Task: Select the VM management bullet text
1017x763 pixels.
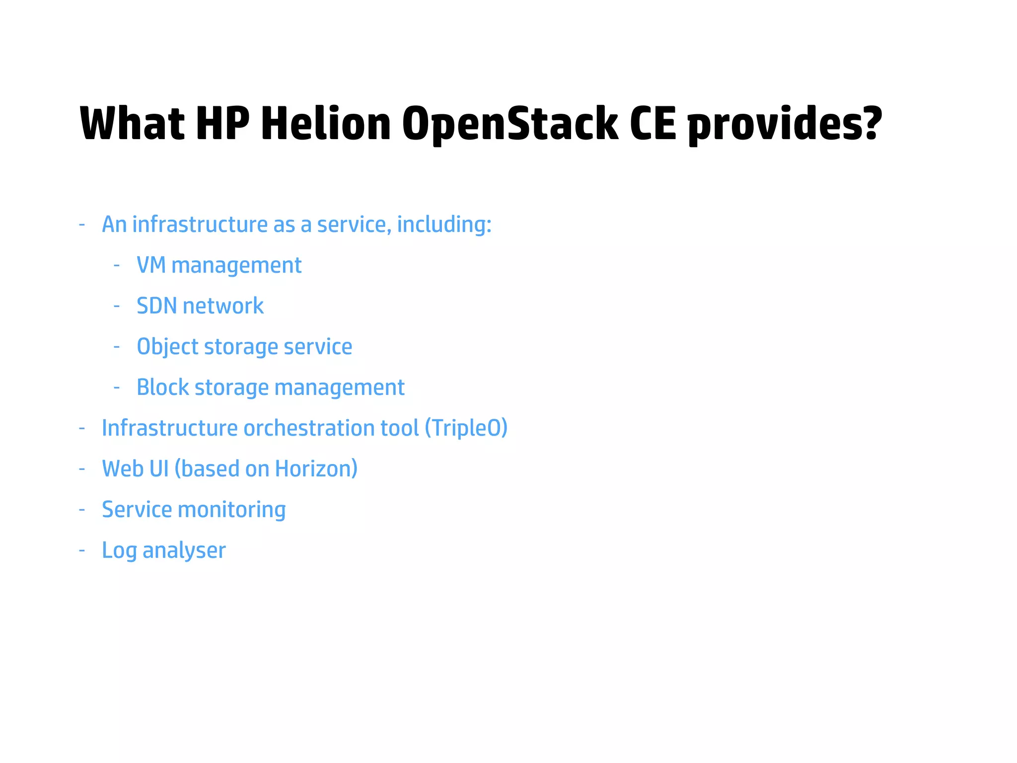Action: (x=219, y=265)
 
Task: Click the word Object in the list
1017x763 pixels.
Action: (x=167, y=347)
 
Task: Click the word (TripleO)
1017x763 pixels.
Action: (x=466, y=428)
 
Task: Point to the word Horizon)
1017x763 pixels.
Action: (x=316, y=469)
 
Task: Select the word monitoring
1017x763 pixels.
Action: (x=231, y=510)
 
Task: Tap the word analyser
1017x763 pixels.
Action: (x=184, y=550)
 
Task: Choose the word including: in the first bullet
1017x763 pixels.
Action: (x=444, y=225)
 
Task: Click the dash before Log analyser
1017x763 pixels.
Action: (x=82, y=550)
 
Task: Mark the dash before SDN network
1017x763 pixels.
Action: (x=117, y=306)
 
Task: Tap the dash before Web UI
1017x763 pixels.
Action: (x=82, y=469)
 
